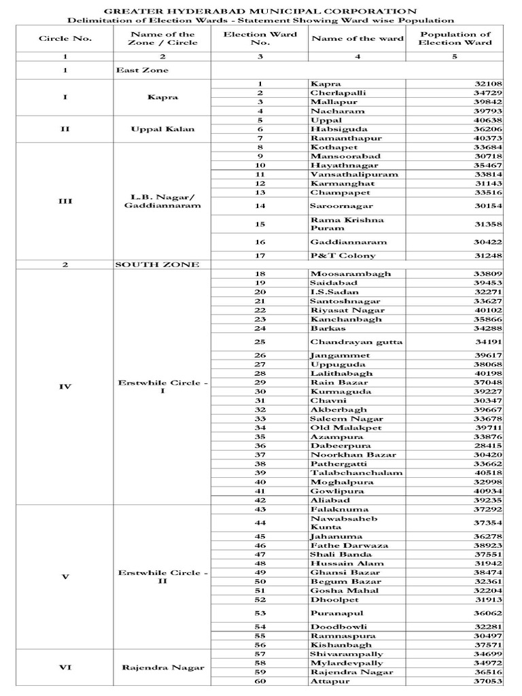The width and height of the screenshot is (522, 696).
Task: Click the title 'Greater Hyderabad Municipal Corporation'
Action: [260, 11]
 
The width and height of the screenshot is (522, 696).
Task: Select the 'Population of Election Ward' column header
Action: [455, 38]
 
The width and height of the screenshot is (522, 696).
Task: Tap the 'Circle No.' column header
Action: [65, 38]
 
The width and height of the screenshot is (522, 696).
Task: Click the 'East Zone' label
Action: [141, 70]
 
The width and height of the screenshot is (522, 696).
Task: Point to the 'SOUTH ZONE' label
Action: [156, 264]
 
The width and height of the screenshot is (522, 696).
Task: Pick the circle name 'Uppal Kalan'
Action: [162, 128]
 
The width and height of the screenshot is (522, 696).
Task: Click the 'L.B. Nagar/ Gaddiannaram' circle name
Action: [162, 201]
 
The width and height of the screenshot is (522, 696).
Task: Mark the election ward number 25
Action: [260, 342]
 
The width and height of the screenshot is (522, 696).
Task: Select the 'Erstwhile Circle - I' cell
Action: [162, 387]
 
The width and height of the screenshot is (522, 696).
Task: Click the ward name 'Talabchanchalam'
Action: [347, 472]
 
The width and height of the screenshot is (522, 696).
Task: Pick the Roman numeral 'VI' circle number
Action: [65, 667]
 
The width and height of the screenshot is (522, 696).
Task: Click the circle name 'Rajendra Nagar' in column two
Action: [162, 667]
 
